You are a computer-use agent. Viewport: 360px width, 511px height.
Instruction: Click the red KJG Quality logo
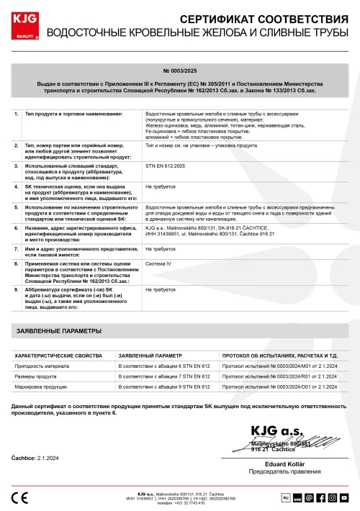(x=22, y=24)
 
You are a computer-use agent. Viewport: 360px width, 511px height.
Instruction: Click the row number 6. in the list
(x=17, y=227)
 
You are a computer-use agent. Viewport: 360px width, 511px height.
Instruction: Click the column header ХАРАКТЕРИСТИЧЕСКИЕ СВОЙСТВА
(x=60, y=356)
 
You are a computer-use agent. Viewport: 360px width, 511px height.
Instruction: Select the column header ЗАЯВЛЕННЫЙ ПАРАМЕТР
(x=150, y=356)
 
